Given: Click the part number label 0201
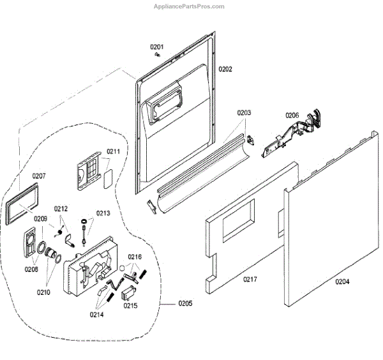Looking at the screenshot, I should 157,47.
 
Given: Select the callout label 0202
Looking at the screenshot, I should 225,68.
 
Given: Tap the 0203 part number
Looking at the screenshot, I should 244,112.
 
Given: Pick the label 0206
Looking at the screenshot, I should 292,116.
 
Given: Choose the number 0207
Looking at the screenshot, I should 39,176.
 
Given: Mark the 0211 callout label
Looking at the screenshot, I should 113,151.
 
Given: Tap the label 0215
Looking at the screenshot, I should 130,305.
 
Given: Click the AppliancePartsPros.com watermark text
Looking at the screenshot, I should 190,6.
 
